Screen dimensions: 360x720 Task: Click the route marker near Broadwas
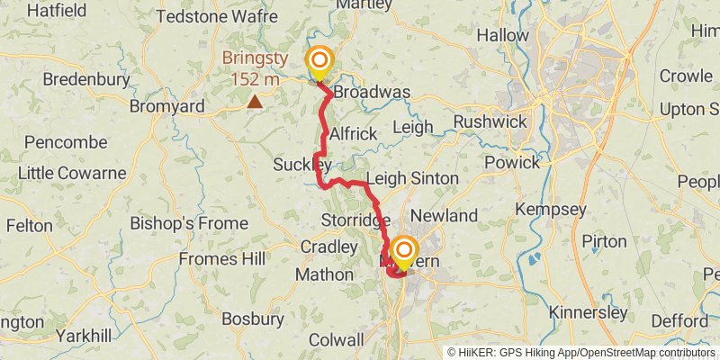319,62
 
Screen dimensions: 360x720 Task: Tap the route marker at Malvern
404,250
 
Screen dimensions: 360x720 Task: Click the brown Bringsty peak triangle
256,102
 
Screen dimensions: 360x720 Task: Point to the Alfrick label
353,133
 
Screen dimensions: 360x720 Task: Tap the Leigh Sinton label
412,179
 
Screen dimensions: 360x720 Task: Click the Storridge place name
355,220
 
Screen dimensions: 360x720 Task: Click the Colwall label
336,340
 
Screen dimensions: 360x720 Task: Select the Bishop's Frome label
188,222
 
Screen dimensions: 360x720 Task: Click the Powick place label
512,162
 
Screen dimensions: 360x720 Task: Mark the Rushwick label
482,121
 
